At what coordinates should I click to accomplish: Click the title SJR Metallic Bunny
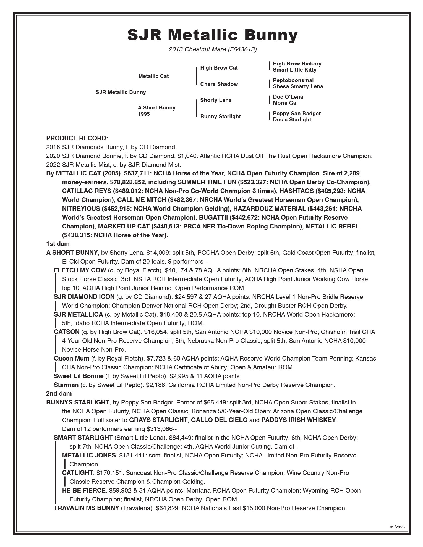click(212, 35)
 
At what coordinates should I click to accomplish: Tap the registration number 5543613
click(244, 49)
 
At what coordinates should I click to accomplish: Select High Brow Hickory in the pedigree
click(297, 64)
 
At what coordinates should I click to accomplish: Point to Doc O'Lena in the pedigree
click(288, 97)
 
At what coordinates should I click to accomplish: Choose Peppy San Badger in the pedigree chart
click(297, 114)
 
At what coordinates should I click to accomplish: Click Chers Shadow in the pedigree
click(219, 84)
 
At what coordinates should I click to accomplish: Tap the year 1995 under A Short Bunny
click(144, 114)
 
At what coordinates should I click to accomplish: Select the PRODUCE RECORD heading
click(77, 138)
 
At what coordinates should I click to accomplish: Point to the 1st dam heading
click(58, 244)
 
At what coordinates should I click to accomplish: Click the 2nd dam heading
click(59, 393)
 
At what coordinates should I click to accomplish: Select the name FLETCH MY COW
click(80, 270)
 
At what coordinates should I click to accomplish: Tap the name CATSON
click(67, 332)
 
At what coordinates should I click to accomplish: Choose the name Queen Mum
click(71, 359)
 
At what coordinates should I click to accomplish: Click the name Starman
click(66, 385)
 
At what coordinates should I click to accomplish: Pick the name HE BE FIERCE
click(84, 491)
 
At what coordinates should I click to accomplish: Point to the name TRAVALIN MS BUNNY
click(86, 508)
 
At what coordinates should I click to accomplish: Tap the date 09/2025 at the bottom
click(397, 527)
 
